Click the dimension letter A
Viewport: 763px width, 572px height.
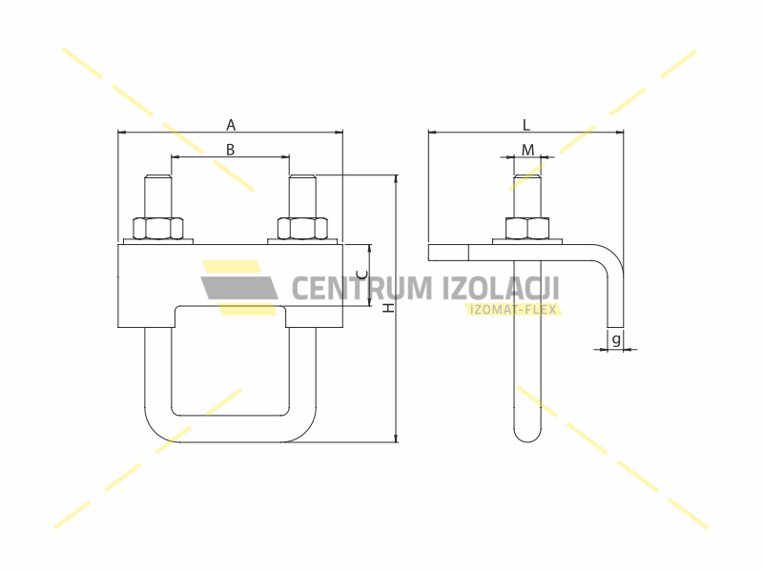tap(230, 125)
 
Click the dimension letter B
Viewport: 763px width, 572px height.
tap(230, 149)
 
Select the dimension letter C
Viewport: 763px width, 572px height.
tap(359, 275)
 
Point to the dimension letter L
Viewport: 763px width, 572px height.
tap(526, 125)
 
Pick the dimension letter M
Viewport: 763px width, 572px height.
tap(527, 150)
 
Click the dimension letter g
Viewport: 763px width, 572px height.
tap(616, 339)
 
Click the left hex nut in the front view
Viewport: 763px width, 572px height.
tap(157, 228)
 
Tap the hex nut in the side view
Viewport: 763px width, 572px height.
tap(527, 228)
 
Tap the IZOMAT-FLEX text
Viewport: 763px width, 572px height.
tap(514, 309)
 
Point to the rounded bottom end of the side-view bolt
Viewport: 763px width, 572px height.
tap(527, 434)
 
